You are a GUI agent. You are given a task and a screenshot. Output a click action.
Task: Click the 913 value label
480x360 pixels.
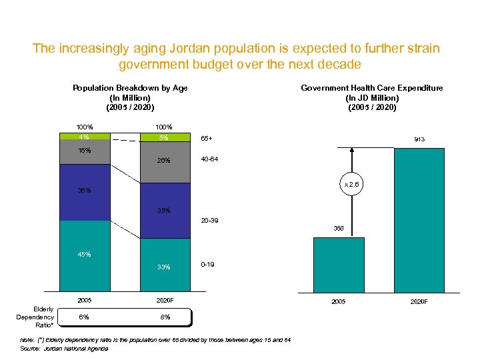tap(419, 139)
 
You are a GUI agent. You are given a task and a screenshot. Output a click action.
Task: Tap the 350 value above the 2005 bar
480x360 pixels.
tap(339, 228)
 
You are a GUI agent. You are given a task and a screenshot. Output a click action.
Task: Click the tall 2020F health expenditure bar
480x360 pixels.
tap(419, 220)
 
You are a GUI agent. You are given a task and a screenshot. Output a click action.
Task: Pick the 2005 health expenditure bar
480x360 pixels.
tap(339, 265)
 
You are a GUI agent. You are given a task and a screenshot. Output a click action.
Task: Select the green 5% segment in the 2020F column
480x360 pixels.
tap(164, 139)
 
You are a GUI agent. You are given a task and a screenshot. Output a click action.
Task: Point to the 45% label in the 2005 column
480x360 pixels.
tap(84, 254)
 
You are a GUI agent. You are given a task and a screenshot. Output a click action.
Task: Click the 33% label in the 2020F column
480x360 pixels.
tap(164, 267)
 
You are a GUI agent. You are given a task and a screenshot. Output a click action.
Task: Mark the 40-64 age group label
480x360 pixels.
tap(209, 159)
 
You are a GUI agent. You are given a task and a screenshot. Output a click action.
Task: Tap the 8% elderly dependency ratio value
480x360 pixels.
tap(164, 317)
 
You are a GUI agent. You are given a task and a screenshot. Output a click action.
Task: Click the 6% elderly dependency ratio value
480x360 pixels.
tap(84, 317)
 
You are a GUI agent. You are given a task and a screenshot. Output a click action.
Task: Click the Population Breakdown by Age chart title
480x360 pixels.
tap(130, 97)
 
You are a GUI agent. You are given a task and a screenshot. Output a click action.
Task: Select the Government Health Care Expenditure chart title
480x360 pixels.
tap(371, 97)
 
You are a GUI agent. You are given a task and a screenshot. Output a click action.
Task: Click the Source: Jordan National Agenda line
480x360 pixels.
tap(65, 349)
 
